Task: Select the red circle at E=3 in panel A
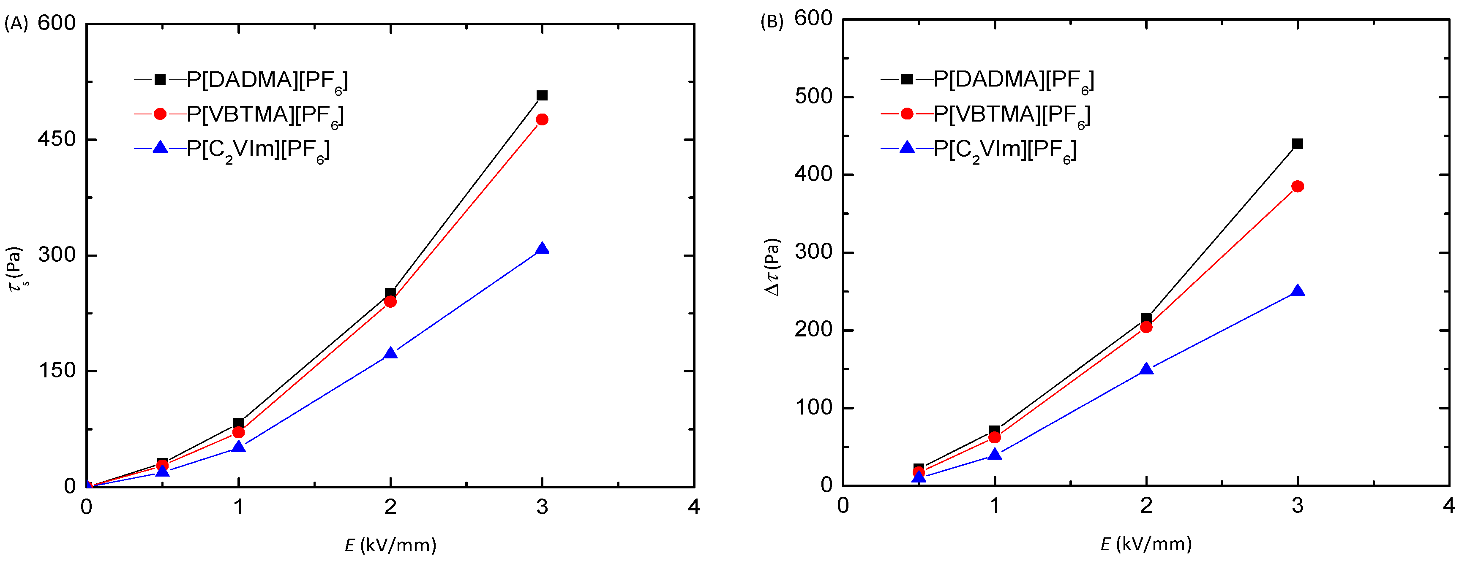[x=542, y=119]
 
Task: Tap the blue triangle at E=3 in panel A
[x=542, y=249]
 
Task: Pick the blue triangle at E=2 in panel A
[x=390, y=354]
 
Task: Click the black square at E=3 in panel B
[x=1298, y=144]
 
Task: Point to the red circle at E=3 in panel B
[x=1298, y=186]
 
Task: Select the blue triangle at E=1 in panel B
[x=995, y=455]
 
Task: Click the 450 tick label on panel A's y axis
[x=57, y=139]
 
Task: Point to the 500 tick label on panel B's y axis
[x=813, y=97]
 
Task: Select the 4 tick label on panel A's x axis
[x=694, y=507]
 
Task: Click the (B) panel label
[x=772, y=22]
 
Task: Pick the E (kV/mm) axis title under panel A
[x=390, y=545]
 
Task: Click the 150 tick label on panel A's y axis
[x=57, y=371]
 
